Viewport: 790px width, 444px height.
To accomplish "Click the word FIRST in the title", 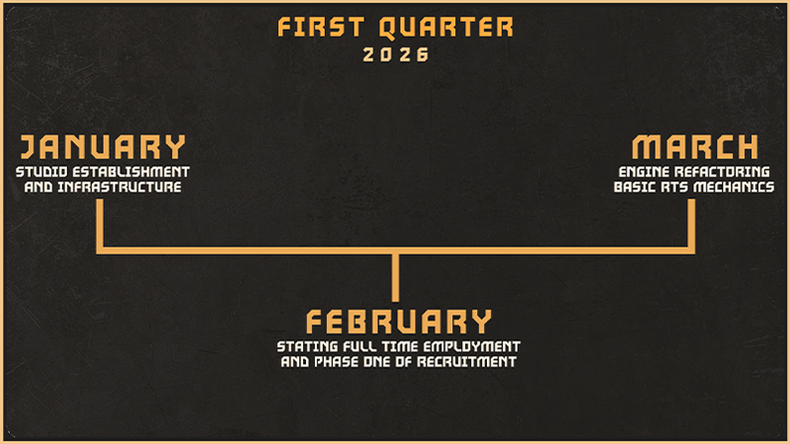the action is coord(320,27).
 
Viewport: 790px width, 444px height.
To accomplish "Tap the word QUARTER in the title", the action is coord(446,28).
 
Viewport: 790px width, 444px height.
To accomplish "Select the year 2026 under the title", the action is coord(396,55).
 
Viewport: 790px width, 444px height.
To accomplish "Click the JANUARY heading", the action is coord(103,146).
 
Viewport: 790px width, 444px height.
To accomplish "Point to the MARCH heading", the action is coord(695,146).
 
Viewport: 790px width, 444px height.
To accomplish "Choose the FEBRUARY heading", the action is coord(399,322).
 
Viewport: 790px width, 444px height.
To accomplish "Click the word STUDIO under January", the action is coord(41,172).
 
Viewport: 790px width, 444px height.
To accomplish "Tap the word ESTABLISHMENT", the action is coord(131,172).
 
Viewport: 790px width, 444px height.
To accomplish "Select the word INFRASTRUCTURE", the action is coord(119,186).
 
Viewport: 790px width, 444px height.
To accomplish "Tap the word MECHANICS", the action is coord(734,186).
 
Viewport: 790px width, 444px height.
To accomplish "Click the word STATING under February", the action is coord(307,346).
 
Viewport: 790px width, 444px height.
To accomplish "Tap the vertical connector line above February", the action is coord(396,278).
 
